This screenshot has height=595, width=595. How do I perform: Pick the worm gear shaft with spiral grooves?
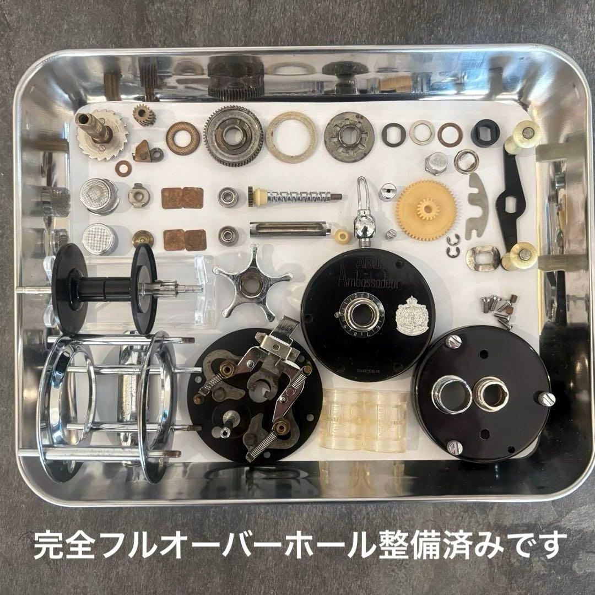(x=295, y=196)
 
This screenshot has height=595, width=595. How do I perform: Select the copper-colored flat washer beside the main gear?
(x=182, y=138)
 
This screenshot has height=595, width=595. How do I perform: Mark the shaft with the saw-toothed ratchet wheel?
(x=102, y=133)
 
